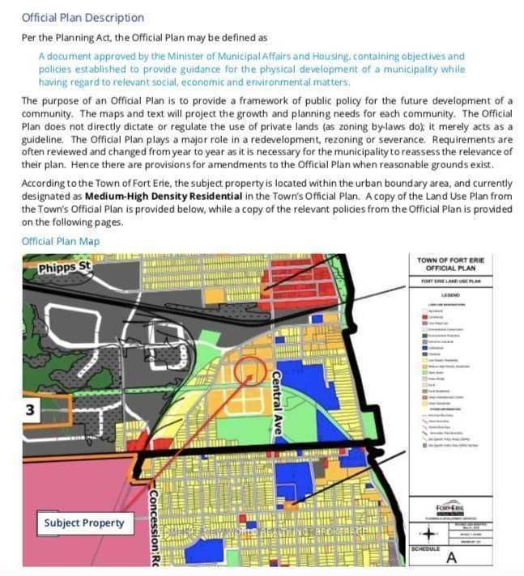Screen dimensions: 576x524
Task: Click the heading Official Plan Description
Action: click(x=83, y=17)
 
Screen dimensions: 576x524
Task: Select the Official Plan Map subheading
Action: click(x=61, y=241)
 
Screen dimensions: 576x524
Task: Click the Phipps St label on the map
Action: click(x=66, y=266)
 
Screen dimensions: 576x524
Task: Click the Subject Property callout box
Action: click(x=84, y=523)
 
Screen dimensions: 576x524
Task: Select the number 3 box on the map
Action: click(x=30, y=410)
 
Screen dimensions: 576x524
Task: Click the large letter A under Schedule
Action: click(x=451, y=558)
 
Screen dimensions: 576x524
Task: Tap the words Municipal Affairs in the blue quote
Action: click(x=253, y=56)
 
